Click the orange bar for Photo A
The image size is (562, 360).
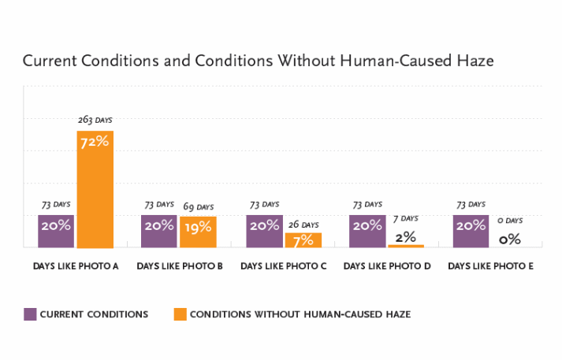click(95, 189)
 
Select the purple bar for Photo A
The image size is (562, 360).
click(56, 231)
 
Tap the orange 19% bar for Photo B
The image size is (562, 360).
click(198, 232)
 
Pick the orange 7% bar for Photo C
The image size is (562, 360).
click(303, 239)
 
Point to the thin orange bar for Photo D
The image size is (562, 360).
click(406, 246)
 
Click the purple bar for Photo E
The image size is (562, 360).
click(471, 231)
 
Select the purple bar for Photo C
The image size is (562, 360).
click(264, 231)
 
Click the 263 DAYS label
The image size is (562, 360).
click(95, 120)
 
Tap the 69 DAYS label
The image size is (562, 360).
click(198, 206)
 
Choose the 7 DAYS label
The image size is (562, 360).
click(406, 217)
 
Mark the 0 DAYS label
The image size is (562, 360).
click(509, 221)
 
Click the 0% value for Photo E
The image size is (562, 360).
click(509, 238)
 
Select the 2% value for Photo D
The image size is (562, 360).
click(406, 235)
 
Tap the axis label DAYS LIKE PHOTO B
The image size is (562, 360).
click(179, 266)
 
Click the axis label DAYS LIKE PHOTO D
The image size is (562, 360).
click(387, 266)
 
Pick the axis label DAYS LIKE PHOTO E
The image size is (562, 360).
click(490, 266)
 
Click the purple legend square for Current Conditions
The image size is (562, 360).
click(31, 314)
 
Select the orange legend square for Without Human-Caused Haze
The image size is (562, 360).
click(181, 314)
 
